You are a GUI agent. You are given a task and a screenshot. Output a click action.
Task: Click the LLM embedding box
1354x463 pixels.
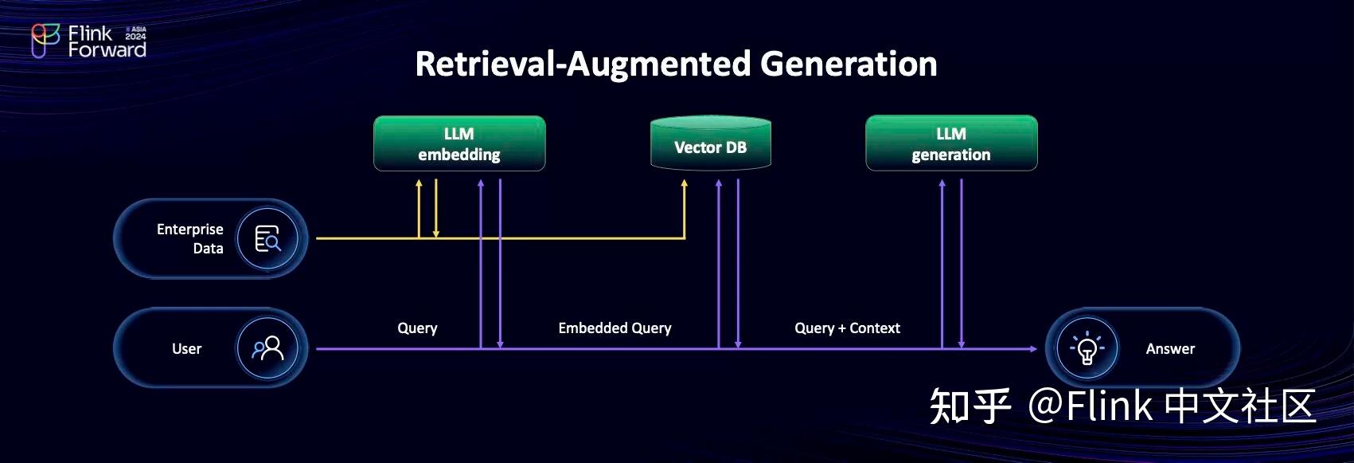tap(459, 143)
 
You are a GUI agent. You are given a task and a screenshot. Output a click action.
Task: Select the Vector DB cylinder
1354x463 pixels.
tap(710, 145)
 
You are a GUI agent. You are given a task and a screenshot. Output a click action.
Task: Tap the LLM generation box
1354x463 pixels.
tap(951, 143)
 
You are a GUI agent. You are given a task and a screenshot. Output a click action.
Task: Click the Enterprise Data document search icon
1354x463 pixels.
tap(267, 238)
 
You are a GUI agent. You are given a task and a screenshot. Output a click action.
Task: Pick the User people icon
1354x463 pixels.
tap(267, 348)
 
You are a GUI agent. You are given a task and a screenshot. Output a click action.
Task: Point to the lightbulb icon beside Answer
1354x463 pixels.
tap(1087, 348)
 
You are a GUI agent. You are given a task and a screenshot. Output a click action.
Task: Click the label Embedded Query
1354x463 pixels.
tap(615, 328)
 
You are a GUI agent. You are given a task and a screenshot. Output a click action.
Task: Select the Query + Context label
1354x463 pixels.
tap(847, 328)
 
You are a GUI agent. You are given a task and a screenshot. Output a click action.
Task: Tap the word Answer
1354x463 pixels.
tap(1169, 348)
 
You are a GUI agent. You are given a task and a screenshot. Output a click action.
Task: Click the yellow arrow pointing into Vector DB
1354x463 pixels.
tap(684, 186)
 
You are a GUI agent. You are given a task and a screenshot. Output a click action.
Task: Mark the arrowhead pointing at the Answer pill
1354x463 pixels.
tap(1032, 348)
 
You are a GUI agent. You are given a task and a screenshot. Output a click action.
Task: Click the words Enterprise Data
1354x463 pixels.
tap(190, 238)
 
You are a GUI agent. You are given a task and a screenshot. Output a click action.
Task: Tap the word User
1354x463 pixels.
tap(186, 348)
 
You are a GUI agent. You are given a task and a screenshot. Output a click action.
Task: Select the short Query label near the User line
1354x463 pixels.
tap(417, 328)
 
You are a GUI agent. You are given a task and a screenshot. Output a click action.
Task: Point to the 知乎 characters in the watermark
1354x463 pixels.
tap(970, 406)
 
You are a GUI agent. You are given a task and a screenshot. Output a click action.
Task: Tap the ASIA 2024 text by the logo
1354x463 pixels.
tap(136, 33)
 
